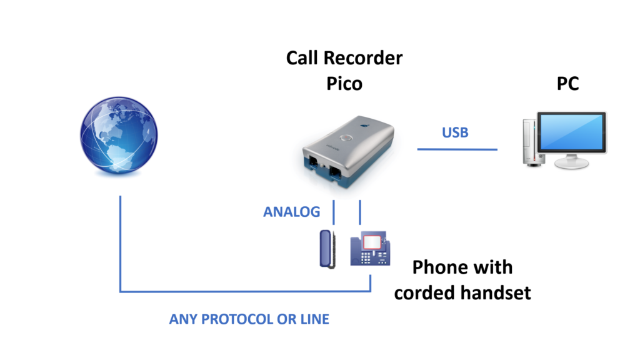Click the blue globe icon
point(119,135)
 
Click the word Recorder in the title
point(363,58)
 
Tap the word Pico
point(344,84)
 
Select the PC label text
point(567,84)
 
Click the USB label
point(455,132)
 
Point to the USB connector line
point(457,149)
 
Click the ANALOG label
point(291,212)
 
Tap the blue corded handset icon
point(327,249)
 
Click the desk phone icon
point(370,249)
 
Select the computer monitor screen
point(571,132)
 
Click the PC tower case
point(530,142)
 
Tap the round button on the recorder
point(346,138)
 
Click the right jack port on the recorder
point(336,171)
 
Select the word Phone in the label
point(439,267)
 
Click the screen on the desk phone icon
point(371,242)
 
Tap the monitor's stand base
point(571,163)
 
